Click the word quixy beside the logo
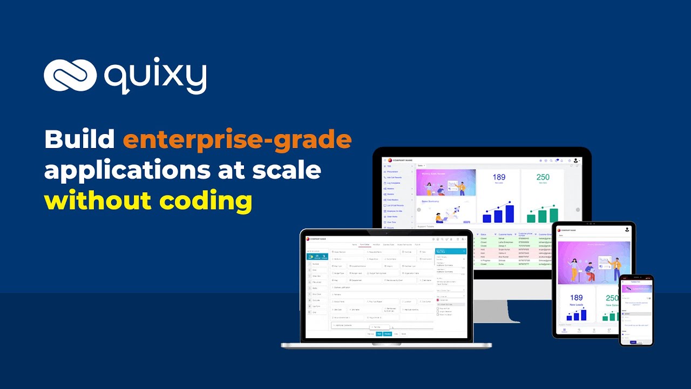tap(155, 76)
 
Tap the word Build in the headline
tap(79, 140)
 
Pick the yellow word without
tap(98, 201)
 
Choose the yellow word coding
tap(206, 201)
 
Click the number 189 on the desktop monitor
tap(499, 177)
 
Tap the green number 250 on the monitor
tap(543, 177)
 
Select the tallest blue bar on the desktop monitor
tap(510, 213)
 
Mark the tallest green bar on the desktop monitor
tap(553, 214)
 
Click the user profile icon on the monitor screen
tap(576, 160)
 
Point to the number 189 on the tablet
tap(576, 298)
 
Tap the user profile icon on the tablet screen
tap(627, 229)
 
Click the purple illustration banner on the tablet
tap(593, 262)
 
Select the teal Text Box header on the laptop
tap(450, 251)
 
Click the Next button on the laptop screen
tap(379, 334)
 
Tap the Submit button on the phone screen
tap(633, 342)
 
